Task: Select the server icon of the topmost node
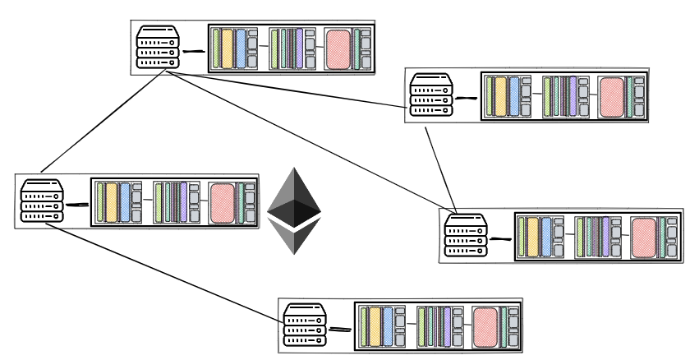(158, 47)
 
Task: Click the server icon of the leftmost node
(42, 202)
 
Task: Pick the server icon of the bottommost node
(306, 325)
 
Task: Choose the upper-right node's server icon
(432, 94)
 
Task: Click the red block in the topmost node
(338, 48)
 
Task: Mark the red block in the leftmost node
(222, 202)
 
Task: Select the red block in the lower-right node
(644, 237)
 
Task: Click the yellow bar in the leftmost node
(112, 202)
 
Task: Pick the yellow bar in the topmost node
(228, 48)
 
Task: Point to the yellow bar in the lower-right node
(533, 237)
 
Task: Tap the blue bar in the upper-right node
(514, 96)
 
